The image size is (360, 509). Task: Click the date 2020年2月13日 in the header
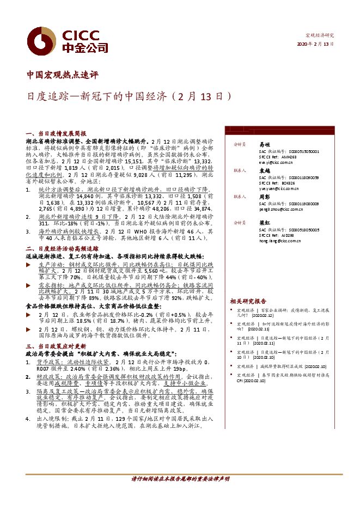pyautogui.click(x=315, y=44)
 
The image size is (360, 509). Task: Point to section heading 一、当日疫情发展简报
pyautogui.click(x=56, y=133)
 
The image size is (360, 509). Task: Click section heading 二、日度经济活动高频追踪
pyautogui.click(x=64, y=247)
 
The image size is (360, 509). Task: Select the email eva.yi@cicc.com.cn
pyautogui.click(x=276, y=162)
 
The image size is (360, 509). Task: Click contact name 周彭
pyautogui.click(x=265, y=197)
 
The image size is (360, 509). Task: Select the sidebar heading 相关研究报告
pyautogui.click(x=248, y=301)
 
